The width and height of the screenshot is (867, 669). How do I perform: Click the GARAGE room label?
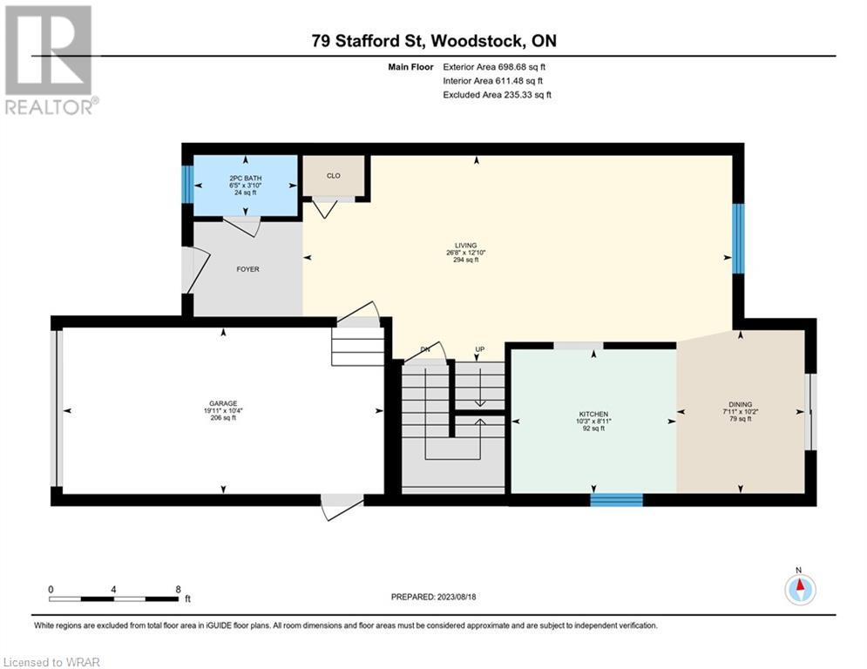tap(223, 403)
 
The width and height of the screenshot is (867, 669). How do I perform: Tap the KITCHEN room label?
tap(593, 414)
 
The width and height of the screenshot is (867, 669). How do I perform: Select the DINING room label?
tap(741, 405)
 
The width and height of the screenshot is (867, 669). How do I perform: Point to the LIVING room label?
tap(465, 246)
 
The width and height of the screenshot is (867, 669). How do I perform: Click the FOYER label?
tap(247, 269)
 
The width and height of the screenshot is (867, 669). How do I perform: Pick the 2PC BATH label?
tap(246, 179)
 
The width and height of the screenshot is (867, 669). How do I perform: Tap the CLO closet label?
tap(334, 176)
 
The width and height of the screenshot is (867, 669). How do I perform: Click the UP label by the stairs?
tap(480, 349)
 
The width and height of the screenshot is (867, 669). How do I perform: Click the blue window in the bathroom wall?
tap(188, 184)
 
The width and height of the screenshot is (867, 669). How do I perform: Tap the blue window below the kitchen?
tap(617, 500)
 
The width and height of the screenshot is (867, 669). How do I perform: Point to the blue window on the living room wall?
tap(738, 239)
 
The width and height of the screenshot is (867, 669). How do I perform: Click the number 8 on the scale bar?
tap(178, 590)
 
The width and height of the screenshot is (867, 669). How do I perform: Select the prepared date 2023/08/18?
tap(457, 597)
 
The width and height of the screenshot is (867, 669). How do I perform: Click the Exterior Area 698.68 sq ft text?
tap(494, 67)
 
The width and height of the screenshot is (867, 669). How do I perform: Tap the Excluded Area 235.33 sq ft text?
tap(497, 95)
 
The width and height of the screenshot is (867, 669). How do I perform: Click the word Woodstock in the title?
tap(477, 41)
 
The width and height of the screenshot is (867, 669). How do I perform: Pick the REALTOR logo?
tap(50, 60)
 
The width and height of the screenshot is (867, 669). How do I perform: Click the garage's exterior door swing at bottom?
tap(342, 506)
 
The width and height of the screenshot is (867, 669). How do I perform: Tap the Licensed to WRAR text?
tap(51, 662)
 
